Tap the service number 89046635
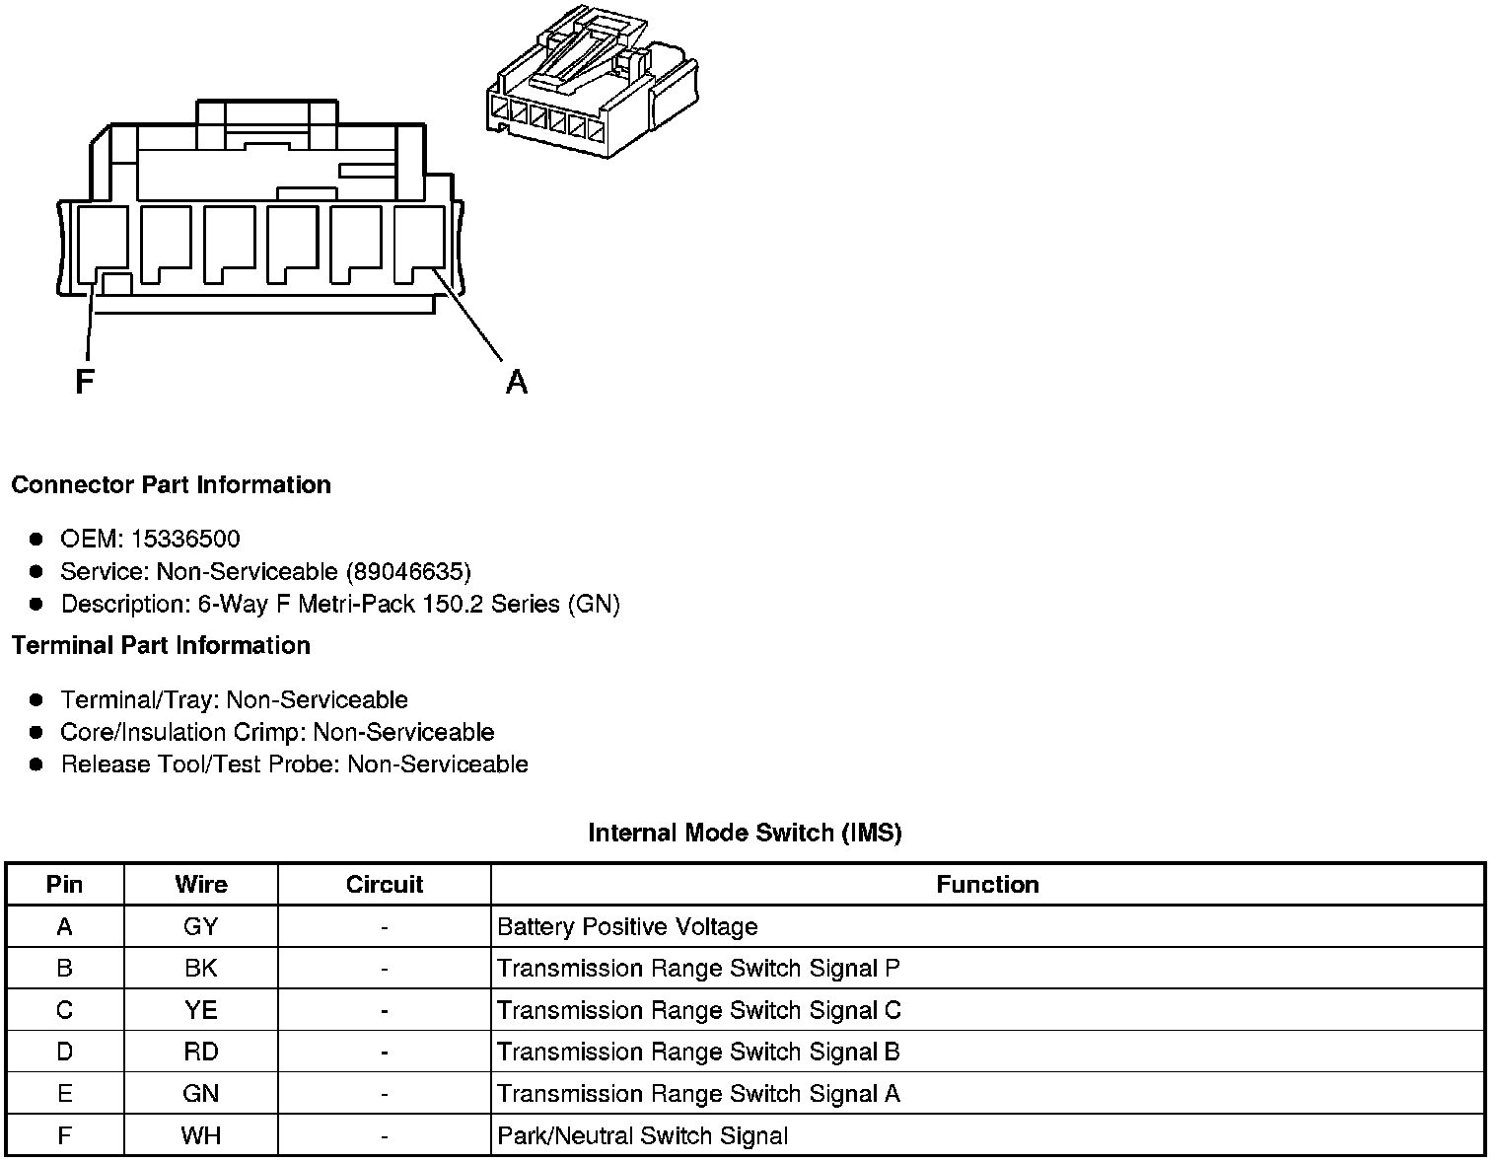click(408, 571)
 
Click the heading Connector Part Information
click(171, 484)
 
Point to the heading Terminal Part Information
click(161, 645)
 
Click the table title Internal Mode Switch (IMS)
click(745, 833)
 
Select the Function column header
click(987, 884)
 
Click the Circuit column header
click(384, 884)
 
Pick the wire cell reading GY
click(200, 926)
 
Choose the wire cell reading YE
click(200, 1010)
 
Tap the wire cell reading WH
click(200, 1135)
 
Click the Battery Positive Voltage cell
click(627, 926)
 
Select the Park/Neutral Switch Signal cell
click(642, 1135)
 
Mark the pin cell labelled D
click(64, 1052)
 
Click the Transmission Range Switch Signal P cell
click(698, 968)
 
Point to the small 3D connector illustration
click(592, 84)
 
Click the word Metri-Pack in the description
click(356, 604)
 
